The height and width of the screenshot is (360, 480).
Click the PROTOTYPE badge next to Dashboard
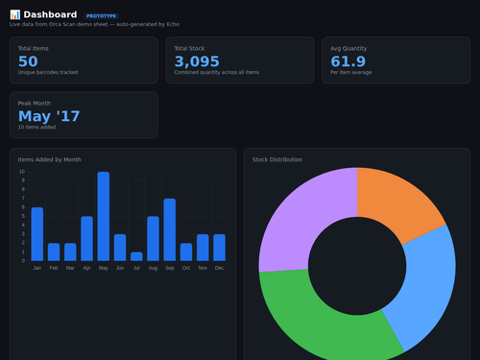(101, 16)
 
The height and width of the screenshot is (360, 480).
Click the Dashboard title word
(51, 15)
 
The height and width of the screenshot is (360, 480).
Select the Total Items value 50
(29, 61)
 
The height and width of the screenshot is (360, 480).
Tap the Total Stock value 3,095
(197, 61)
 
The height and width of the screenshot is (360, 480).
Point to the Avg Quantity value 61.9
(348, 61)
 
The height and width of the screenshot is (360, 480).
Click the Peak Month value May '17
(49, 116)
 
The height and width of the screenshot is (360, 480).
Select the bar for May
(104, 217)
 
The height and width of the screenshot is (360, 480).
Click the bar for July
(136, 256)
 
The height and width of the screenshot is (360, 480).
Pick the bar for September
(170, 230)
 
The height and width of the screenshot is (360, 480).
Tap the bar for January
(37, 234)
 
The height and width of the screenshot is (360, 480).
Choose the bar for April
(87, 239)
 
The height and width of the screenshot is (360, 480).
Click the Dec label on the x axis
(219, 269)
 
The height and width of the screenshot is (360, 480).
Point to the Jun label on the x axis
(120, 269)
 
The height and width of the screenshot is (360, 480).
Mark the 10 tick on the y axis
(22, 173)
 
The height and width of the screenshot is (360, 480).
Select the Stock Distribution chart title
(277, 159)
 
